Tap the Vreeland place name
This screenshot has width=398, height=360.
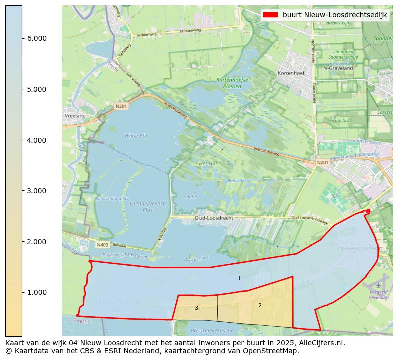[x=75, y=116]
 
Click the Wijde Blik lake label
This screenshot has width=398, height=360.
[x=137, y=136]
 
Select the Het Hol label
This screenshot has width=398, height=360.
[x=208, y=164]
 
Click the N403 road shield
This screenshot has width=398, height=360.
[x=102, y=245]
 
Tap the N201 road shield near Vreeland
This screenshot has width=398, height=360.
[x=121, y=106]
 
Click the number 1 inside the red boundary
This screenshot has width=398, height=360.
[x=239, y=278]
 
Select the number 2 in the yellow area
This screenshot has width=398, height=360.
[x=260, y=305]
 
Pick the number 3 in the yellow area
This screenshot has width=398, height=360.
[x=196, y=308]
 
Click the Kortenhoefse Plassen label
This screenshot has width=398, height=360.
[x=229, y=83]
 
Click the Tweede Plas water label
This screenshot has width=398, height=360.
[x=195, y=259]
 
